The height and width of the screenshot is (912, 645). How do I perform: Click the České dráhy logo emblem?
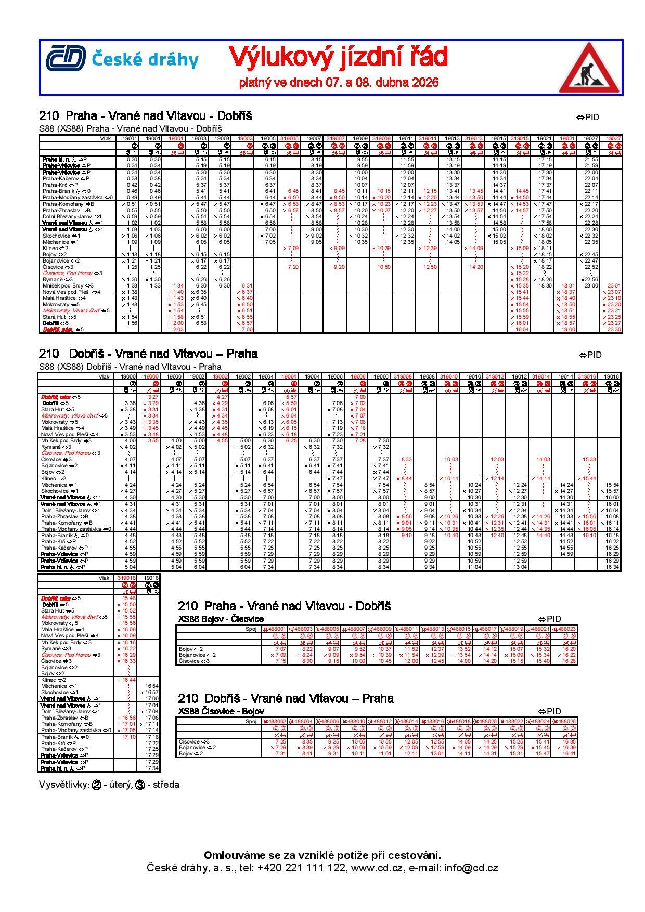[x=66, y=59]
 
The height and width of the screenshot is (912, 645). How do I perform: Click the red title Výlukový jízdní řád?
[x=338, y=57]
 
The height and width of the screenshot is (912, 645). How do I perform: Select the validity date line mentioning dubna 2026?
[x=339, y=83]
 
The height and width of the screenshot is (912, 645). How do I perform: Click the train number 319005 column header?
[x=289, y=138]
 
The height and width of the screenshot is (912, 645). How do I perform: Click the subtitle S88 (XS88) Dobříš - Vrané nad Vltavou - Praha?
[x=130, y=367]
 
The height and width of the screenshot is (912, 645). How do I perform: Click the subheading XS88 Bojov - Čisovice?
[x=221, y=619]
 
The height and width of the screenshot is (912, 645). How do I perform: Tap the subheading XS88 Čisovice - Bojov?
[x=221, y=711]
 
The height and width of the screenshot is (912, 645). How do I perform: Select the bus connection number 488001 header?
[x=274, y=629]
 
